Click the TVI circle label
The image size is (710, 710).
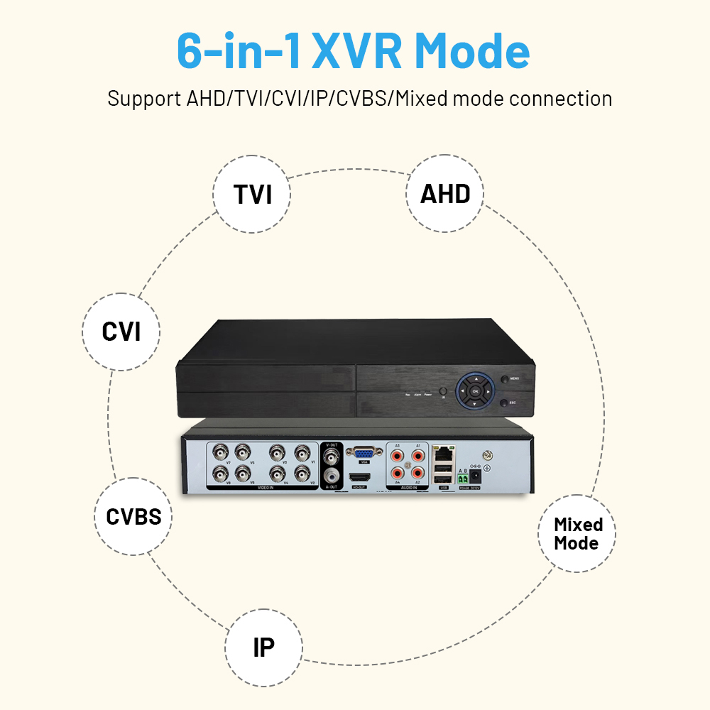pyautogui.click(x=252, y=194)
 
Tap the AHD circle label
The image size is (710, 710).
pyautogui.click(x=445, y=194)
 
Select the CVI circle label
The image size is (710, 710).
pyautogui.click(x=121, y=332)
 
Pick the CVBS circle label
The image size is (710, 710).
pyautogui.click(x=133, y=516)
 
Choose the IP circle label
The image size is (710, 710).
pyautogui.click(x=263, y=647)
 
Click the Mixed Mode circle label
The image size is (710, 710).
pyautogui.click(x=577, y=534)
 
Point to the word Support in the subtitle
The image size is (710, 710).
pyautogui.click(x=144, y=99)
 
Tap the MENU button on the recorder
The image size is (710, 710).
pyautogui.click(x=504, y=379)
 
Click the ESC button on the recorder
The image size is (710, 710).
pyautogui.click(x=503, y=403)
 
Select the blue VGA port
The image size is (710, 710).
pyautogui.click(x=364, y=452)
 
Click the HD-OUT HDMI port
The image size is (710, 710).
pyautogui.click(x=359, y=477)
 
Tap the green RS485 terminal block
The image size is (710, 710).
pyautogui.click(x=463, y=479)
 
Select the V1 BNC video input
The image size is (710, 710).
pyautogui.click(x=303, y=452)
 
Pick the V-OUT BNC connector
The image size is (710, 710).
pyautogui.click(x=330, y=455)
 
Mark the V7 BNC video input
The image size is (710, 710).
pyautogui.click(x=219, y=452)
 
